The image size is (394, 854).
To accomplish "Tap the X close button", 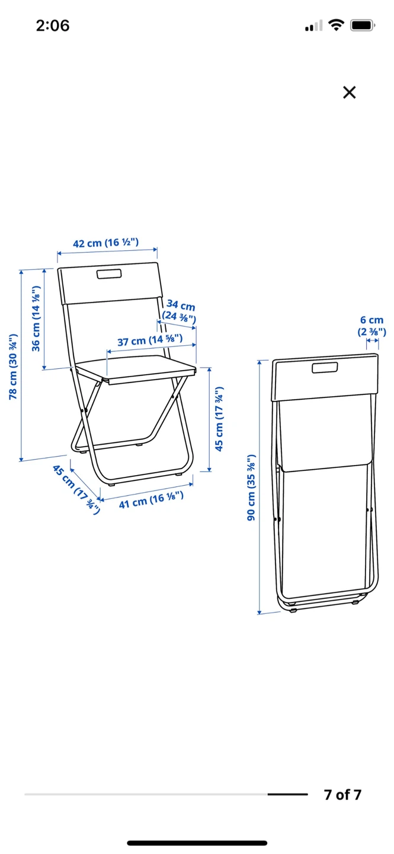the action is pyautogui.click(x=349, y=93).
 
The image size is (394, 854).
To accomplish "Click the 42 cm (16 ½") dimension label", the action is pyautogui.click(x=106, y=243).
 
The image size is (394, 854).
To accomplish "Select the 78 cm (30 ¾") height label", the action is pyautogui.click(x=13, y=367).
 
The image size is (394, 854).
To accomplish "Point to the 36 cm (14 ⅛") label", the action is pyautogui.click(x=36, y=318).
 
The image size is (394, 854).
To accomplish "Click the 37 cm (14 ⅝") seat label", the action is pyautogui.click(x=150, y=340).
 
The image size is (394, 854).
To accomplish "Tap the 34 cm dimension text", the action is pyautogui.click(x=181, y=305).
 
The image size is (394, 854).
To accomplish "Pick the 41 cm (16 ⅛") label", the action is pyautogui.click(x=151, y=500).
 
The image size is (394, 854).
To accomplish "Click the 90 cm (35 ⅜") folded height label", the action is pyautogui.click(x=251, y=487).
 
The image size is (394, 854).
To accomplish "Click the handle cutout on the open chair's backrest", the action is pyautogui.click(x=110, y=274).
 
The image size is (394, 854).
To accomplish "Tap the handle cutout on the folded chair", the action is pyautogui.click(x=325, y=368).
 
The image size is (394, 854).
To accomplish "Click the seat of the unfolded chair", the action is pyautogui.click(x=136, y=369).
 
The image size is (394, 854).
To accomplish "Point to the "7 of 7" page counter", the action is pyautogui.click(x=342, y=795).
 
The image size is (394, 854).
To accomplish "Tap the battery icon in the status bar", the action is pyautogui.click(x=363, y=26).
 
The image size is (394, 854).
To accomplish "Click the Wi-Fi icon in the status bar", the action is pyautogui.click(x=336, y=25).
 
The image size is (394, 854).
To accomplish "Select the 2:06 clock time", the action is pyautogui.click(x=53, y=26).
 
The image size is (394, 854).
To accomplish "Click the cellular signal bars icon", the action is pyautogui.click(x=313, y=26).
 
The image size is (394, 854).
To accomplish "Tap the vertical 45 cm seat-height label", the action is pyautogui.click(x=219, y=419).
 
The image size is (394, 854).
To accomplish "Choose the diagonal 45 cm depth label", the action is pyautogui.click(x=76, y=489).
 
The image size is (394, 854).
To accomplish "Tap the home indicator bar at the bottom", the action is pyautogui.click(x=197, y=843).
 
